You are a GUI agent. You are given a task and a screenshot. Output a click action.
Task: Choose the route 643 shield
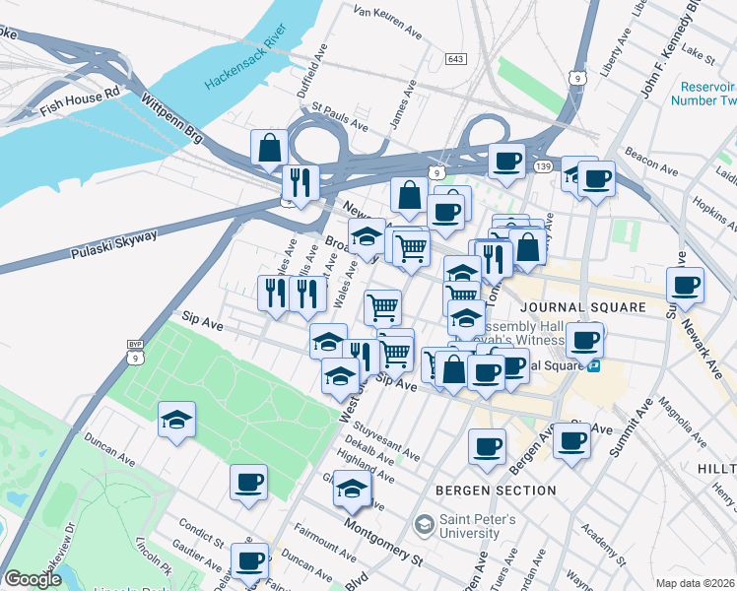point(455,60)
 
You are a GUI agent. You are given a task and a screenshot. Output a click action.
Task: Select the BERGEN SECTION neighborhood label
point(497,490)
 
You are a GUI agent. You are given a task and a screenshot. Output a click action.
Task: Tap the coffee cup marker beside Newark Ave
point(685,286)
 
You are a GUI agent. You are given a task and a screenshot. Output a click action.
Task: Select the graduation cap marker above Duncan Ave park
point(177,420)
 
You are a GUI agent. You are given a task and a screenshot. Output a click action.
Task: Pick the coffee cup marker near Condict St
point(249,561)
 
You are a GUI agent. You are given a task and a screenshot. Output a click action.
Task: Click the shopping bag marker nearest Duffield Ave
point(269,148)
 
